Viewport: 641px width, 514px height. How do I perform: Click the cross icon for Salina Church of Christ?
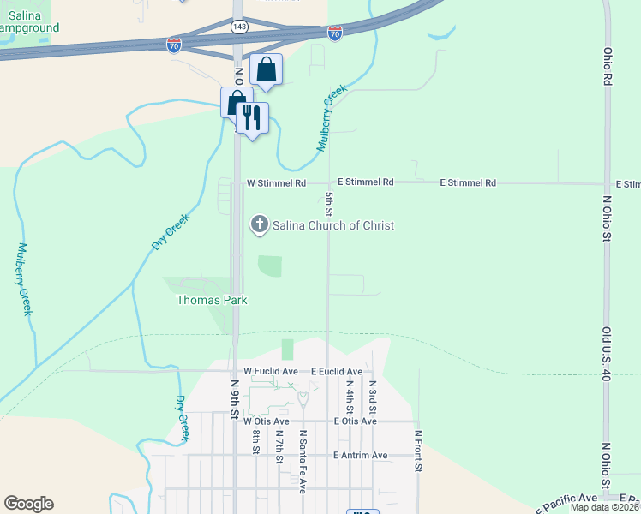click(x=259, y=225)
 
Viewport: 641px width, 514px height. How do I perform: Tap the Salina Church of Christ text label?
click(x=333, y=225)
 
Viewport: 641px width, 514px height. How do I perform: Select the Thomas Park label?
click(x=212, y=300)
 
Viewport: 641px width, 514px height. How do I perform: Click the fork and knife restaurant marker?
click(x=252, y=117)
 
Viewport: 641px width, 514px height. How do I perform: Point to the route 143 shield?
click(x=240, y=27)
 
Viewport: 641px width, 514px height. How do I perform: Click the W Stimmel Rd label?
click(x=276, y=183)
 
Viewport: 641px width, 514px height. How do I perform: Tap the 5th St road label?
click(x=329, y=203)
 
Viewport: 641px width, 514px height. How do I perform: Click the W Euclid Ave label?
click(x=270, y=371)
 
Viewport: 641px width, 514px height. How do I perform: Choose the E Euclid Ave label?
click(x=336, y=371)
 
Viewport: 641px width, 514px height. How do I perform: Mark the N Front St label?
click(x=419, y=451)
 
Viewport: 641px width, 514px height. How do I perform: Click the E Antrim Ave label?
click(x=361, y=455)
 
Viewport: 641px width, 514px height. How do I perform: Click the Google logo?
click(x=28, y=504)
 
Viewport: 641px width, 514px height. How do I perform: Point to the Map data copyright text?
click(x=605, y=507)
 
